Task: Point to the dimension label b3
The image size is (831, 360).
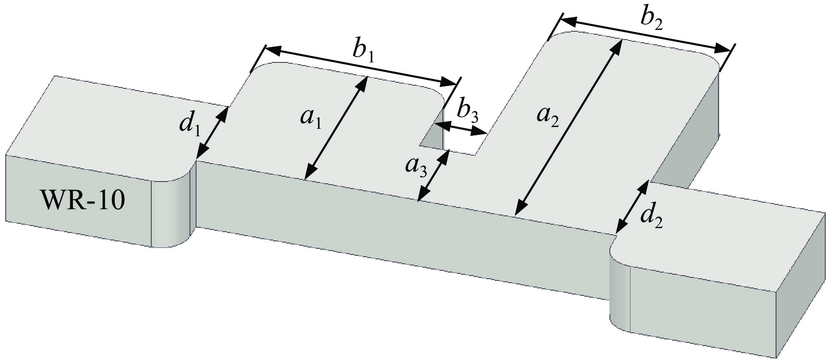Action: [467, 113]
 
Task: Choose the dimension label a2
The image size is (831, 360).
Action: [548, 117]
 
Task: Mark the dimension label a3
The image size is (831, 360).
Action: [416, 167]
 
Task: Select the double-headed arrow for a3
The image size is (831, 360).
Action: [433, 176]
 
